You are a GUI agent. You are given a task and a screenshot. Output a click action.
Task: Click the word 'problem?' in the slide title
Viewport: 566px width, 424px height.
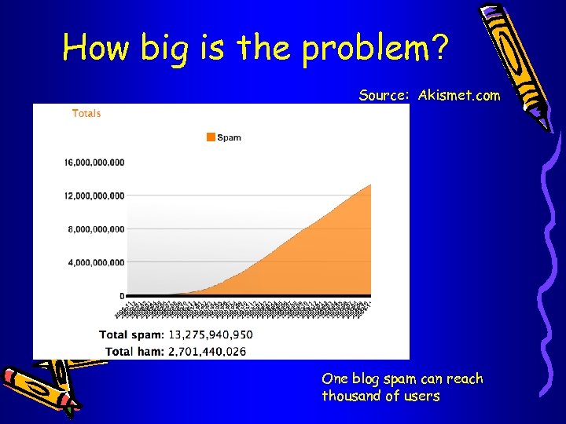(376, 48)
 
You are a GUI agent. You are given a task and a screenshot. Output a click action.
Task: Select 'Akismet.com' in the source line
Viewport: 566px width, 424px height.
(459, 96)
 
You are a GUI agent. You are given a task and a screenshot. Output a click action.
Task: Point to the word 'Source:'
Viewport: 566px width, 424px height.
(384, 96)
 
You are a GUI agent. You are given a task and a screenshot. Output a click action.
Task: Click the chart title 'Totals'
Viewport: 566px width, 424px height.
(86, 113)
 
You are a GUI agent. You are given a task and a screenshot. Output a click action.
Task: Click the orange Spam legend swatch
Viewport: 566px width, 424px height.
(211, 137)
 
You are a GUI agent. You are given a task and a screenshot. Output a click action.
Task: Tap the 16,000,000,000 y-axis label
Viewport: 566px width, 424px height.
(94, 163)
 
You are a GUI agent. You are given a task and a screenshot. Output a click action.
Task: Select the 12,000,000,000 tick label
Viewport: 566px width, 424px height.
(94, 196)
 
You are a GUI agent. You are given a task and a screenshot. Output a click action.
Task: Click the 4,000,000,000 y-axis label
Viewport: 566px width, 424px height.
(97, 262)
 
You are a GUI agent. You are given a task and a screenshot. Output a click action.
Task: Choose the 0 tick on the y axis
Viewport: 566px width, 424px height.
(122, 296)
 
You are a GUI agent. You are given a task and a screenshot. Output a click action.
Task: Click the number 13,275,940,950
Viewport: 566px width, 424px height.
(210, 334)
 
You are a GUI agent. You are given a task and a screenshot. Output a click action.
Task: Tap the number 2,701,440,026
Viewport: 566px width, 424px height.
(207, 351)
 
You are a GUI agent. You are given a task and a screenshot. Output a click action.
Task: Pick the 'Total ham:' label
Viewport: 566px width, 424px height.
(134, 351)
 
